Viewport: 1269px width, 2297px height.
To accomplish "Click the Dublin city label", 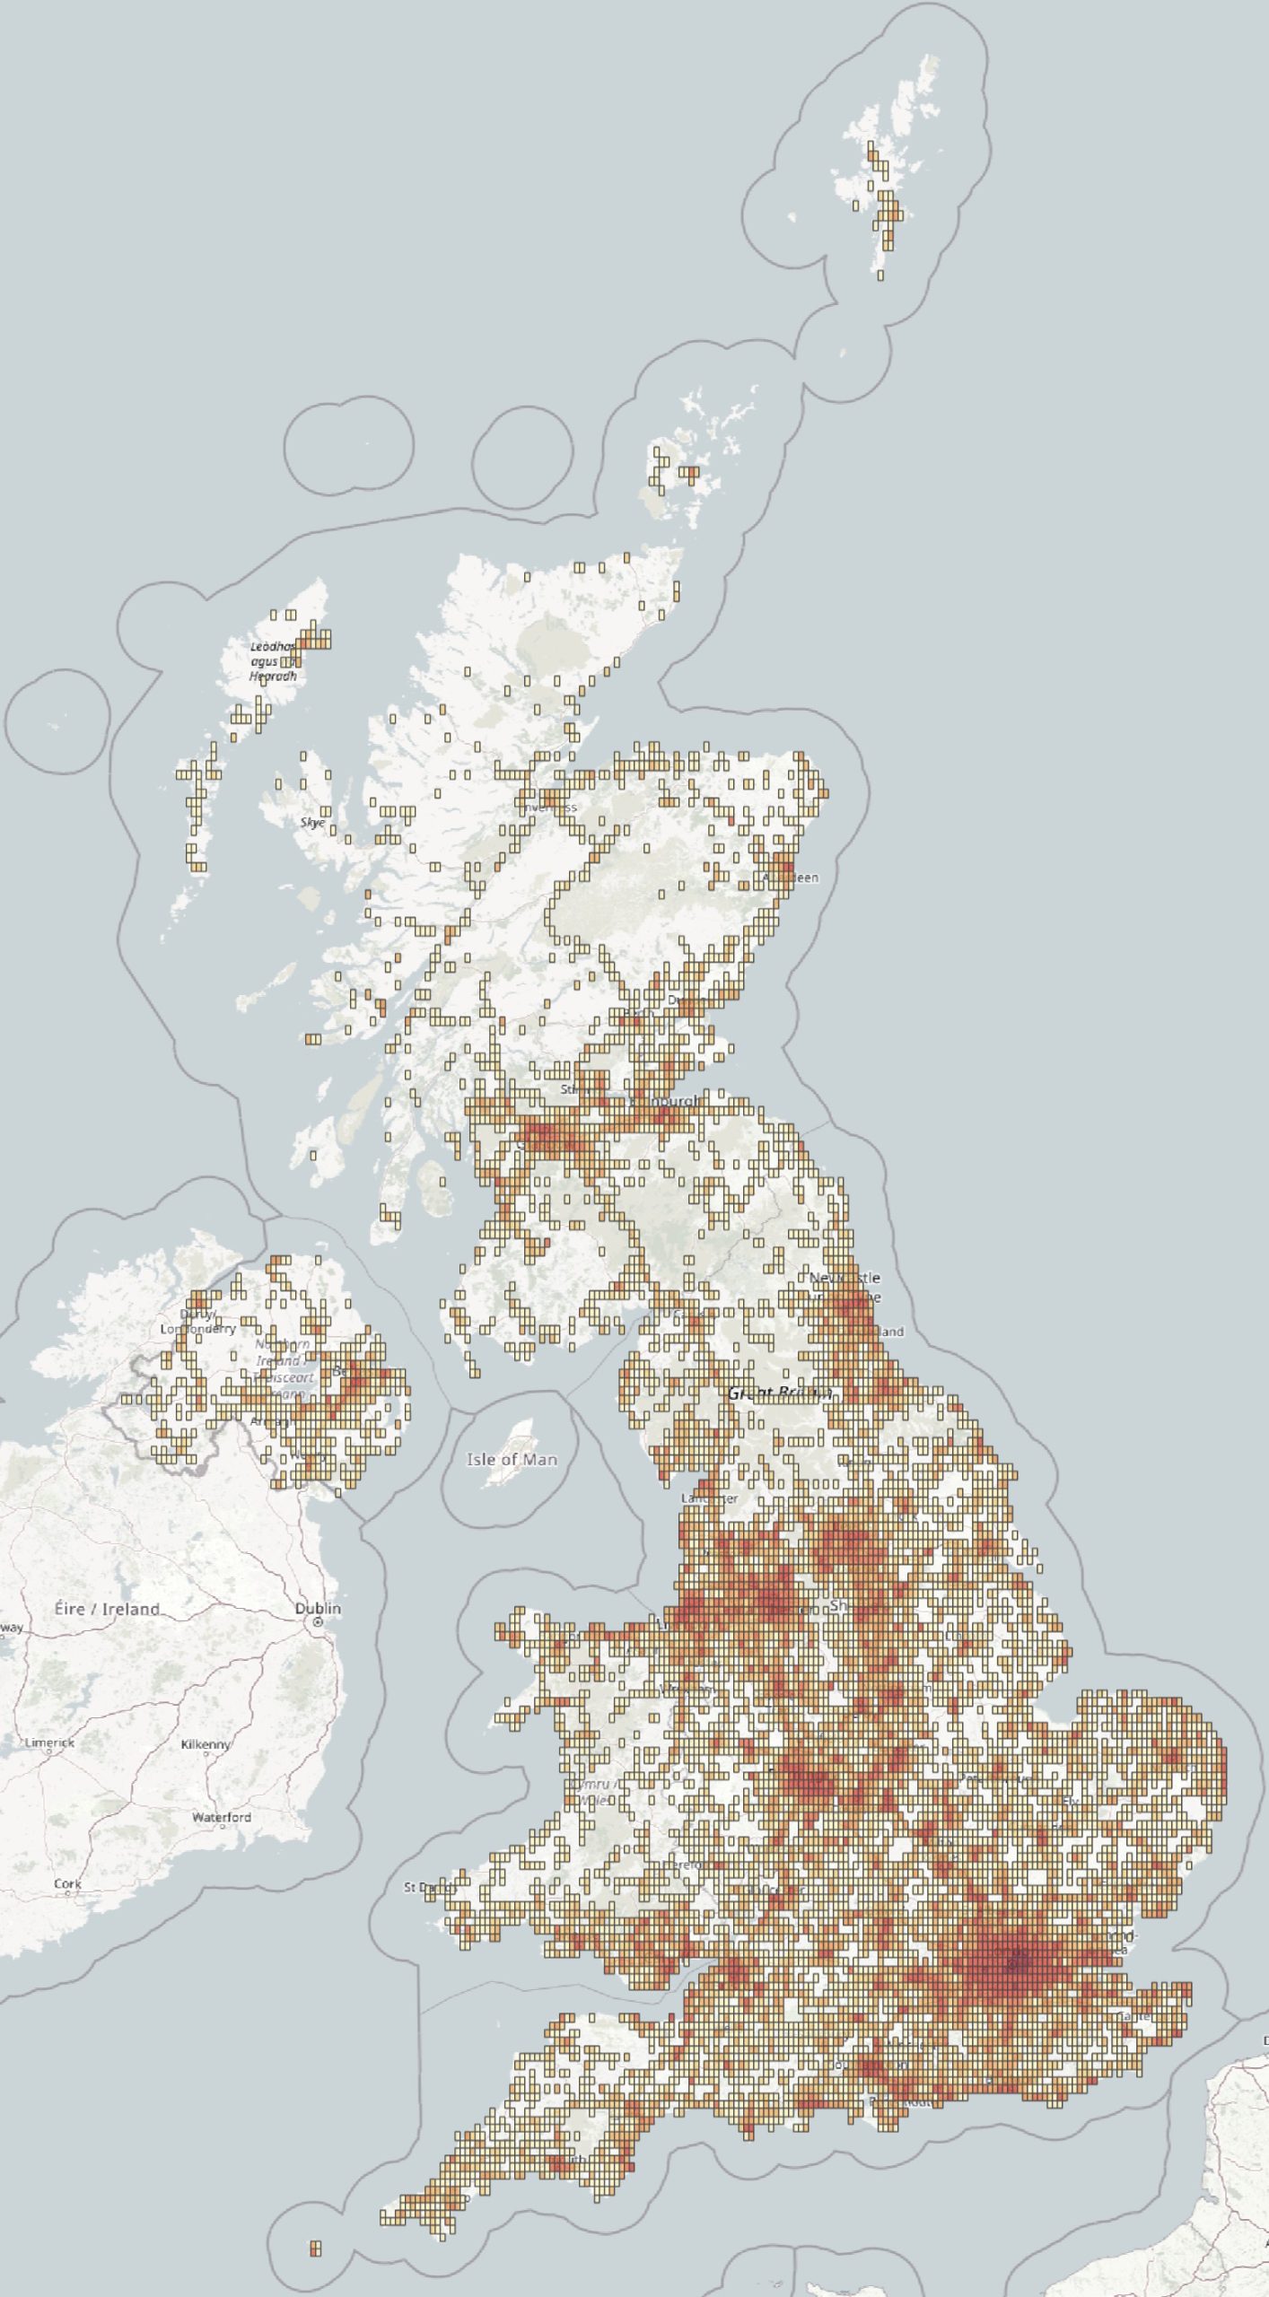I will pos(318,1608).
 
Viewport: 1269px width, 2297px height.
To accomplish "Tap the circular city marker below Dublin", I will pos(317,1624).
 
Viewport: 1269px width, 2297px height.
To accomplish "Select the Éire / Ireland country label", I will pos(107,1609).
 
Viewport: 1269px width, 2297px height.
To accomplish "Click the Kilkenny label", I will pos(206,1744).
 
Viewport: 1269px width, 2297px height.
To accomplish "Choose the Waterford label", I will pos(221,1817).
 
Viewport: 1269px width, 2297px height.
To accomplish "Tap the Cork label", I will pos(67,1883).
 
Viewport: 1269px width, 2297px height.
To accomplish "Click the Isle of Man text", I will pos(512,1460).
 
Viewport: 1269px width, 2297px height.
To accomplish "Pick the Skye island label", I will pos(313,822).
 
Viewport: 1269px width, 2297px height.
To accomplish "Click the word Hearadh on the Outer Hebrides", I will pos(273,677).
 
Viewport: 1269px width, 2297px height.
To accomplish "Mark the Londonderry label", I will pos(198,1328).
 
